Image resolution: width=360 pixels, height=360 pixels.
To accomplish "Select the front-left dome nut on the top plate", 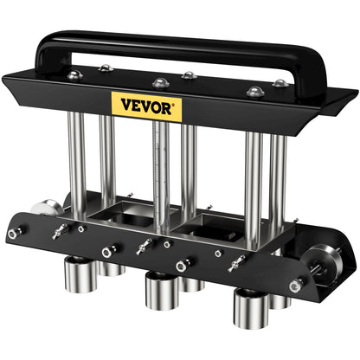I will [x=105, y=68].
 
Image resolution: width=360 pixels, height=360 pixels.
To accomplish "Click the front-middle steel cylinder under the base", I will [x=160, y=289].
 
